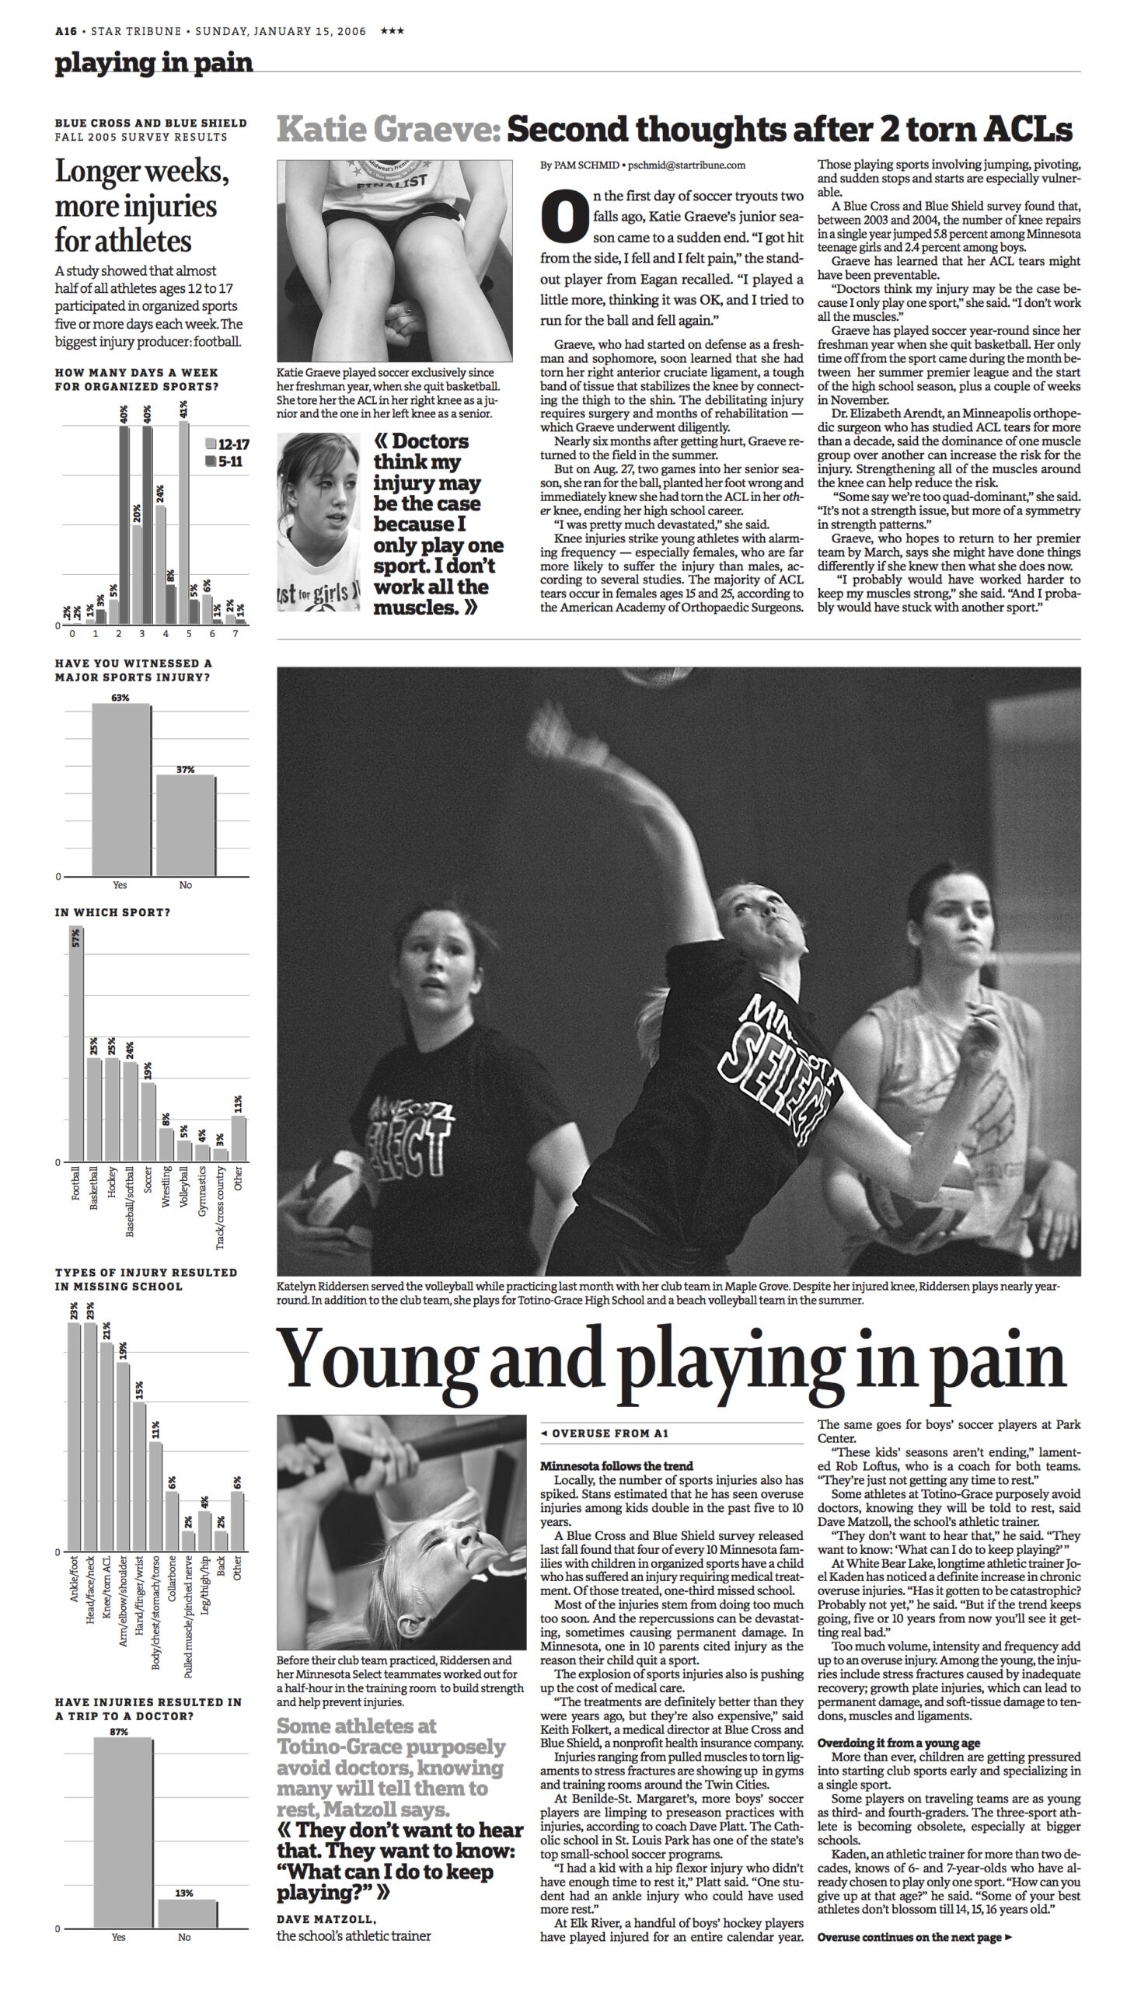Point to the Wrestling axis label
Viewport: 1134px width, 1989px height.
pos(165,1186)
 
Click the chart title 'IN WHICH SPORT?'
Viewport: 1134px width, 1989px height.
pos(112,912)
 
